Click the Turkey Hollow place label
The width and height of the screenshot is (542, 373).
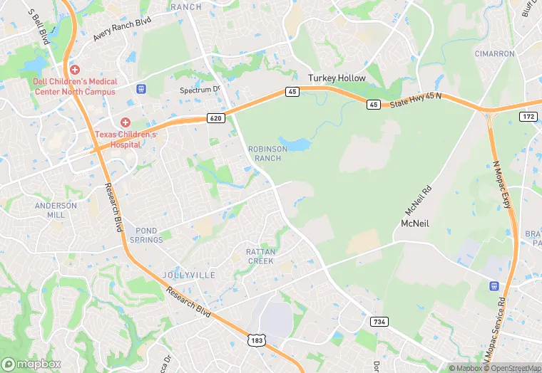(x=337, y=78)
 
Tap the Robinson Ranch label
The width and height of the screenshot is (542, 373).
(x=267, y=153)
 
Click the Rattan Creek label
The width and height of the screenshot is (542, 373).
(x=260, y=256)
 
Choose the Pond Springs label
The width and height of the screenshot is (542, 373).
(x=146, y=236)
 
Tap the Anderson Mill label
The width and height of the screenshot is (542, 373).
(x=56, y=210)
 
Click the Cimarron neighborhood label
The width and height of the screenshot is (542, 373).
(x=494, y=53)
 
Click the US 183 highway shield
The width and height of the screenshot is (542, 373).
(x=256, y=342)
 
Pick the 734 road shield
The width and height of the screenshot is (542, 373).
(x=379, y=322)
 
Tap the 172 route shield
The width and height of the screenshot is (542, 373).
(x=528, y=116)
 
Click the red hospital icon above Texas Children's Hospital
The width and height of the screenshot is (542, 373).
(x=126, y=123)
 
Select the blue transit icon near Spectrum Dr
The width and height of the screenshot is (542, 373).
(x=141, y=88)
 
